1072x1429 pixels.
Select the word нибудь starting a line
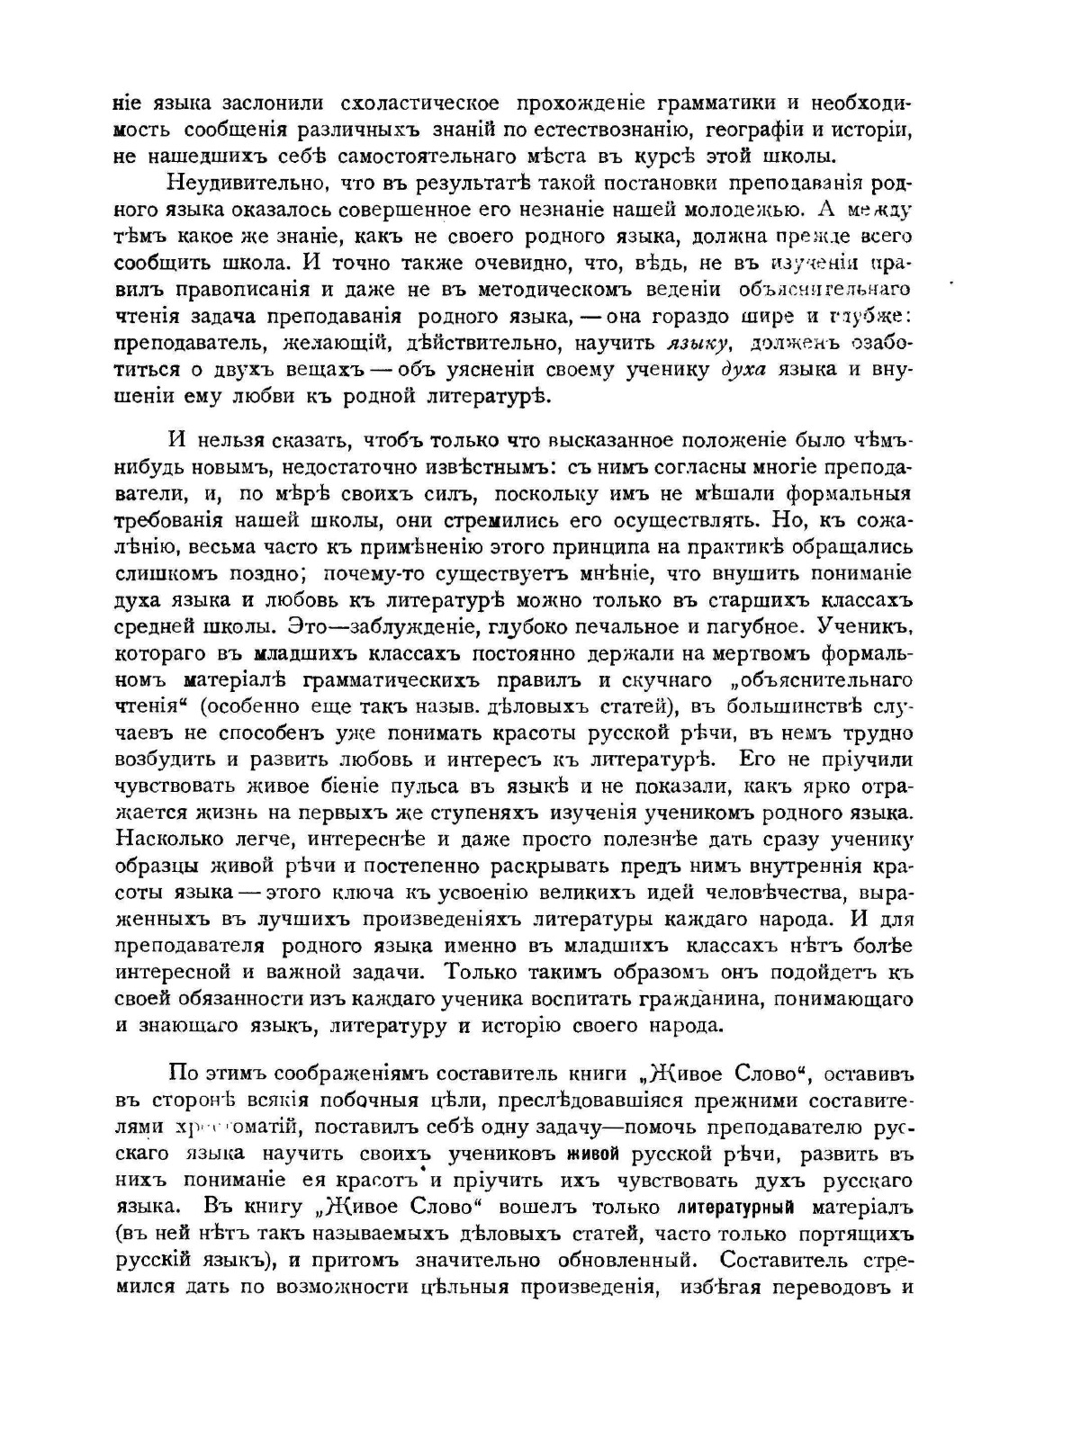150,467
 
